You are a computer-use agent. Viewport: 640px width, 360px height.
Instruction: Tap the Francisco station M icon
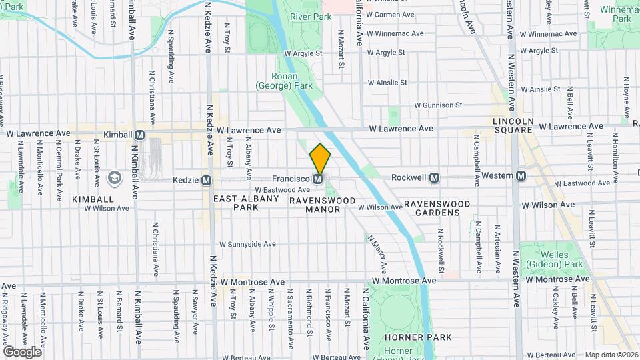[x=319, y=179]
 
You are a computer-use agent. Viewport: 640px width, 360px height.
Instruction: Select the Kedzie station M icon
[x=207, y=180]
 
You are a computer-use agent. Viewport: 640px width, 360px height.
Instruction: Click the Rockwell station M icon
[x=435, y=177]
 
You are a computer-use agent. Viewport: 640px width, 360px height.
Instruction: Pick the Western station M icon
[x=521, y=176]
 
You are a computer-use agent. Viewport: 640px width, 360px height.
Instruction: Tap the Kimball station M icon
[x=139, y=135]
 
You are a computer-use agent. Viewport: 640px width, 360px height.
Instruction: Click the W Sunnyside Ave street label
[x=247, y=244]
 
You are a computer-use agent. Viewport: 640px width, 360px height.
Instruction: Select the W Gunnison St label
[x=438, y=105]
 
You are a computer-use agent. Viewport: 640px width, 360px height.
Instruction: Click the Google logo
[x=22, y=351]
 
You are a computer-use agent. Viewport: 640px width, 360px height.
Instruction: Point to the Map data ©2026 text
[x=611, y=355]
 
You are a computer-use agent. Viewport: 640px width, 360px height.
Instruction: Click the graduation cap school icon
[x=115, y=177]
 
